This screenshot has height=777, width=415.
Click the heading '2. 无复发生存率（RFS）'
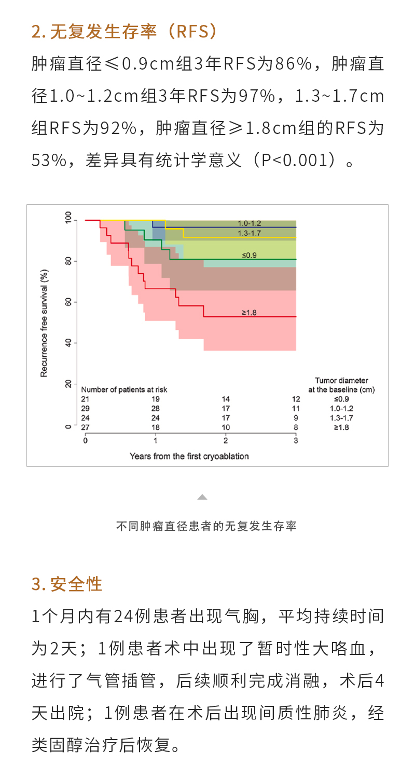(125, 32)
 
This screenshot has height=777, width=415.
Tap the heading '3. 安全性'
(67, 583)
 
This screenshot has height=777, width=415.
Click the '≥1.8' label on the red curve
(249, 312)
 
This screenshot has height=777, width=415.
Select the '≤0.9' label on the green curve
(249, 255)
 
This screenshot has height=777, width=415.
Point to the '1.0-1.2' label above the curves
(250, 223)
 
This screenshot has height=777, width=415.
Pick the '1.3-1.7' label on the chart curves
(250, 233)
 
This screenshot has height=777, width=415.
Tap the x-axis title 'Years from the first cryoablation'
(189, 456)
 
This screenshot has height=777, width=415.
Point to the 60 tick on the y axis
(67, 302)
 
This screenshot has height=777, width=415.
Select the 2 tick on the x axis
(226, 440)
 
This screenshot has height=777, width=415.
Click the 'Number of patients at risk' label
(124, 389)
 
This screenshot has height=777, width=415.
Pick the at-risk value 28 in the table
(155, 408)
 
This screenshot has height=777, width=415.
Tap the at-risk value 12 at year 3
(296, 399)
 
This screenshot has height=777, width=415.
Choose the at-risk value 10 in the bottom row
(226, 427)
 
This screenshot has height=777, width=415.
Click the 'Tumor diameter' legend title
(341, 381)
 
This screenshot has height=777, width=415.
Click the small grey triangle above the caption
(202, 497)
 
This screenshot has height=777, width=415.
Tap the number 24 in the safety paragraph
(124, 616)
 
